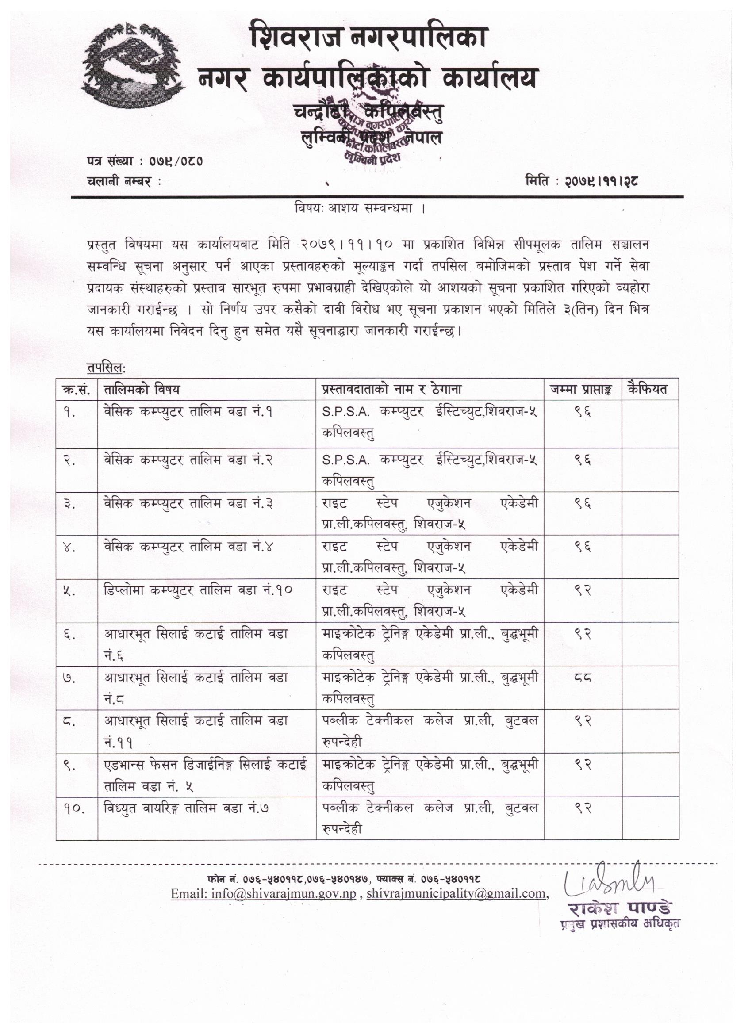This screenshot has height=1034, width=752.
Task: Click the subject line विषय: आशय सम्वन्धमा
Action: (360, 209)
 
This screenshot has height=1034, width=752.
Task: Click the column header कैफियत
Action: (648, 389)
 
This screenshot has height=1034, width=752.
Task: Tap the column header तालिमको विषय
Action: (142, 389)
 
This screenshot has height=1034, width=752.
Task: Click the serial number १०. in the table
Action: (75, 808)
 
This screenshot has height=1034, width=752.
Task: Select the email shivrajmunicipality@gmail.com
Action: (456, 893)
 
